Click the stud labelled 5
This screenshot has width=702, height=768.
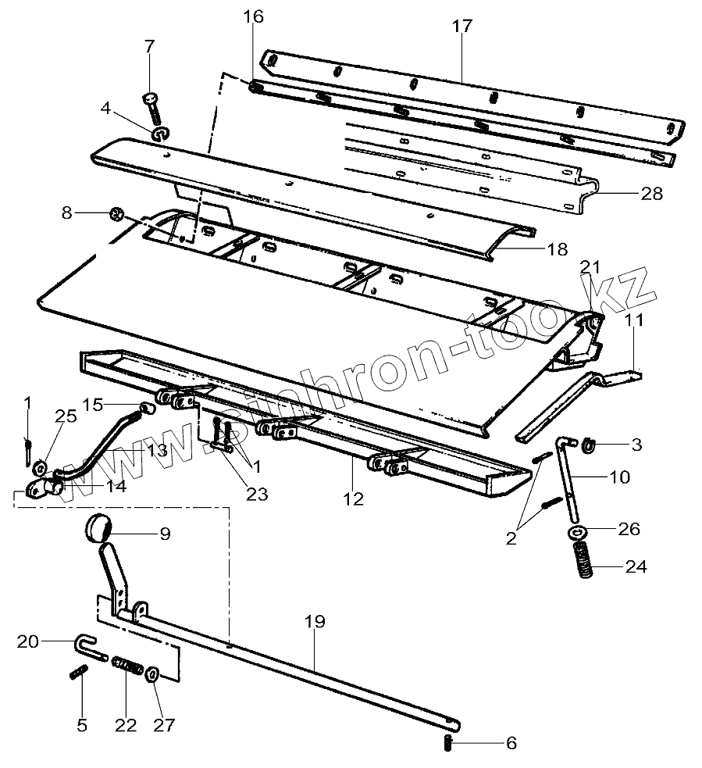tap(78, 672)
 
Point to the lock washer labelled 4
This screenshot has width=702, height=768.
tap(160, 134)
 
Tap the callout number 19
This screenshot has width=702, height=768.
tap(315, 622)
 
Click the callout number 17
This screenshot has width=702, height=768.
tap(461, 26)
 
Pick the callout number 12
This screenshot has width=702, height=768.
tap(354, 498)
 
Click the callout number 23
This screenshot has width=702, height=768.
tap(257, 494)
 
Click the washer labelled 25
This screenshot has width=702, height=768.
tap(37, 468)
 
